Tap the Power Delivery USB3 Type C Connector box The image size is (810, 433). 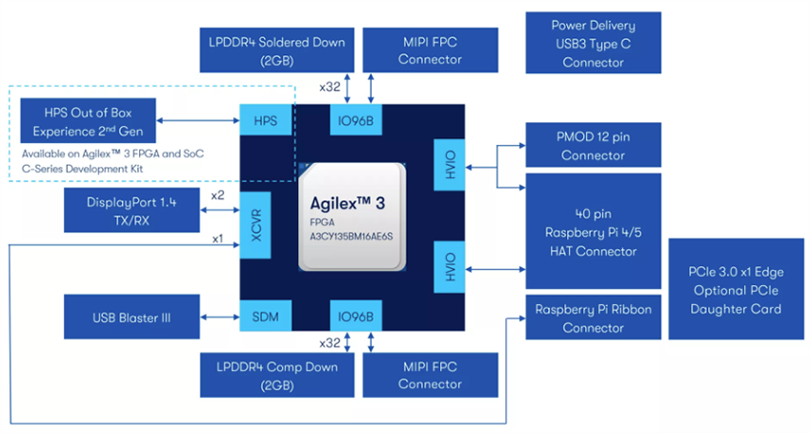tap(593, 44)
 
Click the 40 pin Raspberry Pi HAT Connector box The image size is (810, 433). tap(593, 231)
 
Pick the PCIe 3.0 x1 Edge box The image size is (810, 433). tap(739, 289)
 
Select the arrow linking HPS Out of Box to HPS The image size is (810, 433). tap(198, 121)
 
